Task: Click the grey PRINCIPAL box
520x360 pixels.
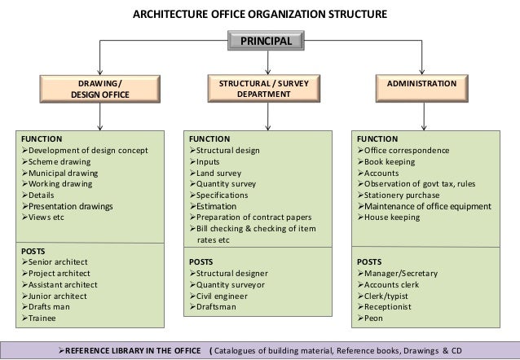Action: click(266, 41)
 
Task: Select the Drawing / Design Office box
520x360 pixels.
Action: click(99, 89)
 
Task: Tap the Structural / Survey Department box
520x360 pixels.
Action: click(264, 89)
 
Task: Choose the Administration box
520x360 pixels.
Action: click(422, 89)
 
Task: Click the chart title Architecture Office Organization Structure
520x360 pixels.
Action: click(260, 15)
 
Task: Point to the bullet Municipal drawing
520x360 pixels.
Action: click(60, 173)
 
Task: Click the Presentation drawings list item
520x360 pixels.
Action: click(68, 206)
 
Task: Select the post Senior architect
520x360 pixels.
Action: click(55, 262)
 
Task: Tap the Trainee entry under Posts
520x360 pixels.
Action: click(39, 318)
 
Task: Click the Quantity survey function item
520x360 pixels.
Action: click(223, 184)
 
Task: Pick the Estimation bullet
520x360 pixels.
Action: click(214, 206)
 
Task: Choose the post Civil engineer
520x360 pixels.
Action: click(218, 296)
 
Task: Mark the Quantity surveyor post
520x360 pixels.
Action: click(227, 285)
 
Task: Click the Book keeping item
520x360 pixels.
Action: click(386, 162)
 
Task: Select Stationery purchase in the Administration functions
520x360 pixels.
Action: click(399, 195)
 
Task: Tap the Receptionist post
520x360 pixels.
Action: click(385, 307)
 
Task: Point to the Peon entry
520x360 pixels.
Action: click(370, 318)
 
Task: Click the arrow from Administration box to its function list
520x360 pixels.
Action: click(424, 116)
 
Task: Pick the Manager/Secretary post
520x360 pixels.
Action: click(398, 274)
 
